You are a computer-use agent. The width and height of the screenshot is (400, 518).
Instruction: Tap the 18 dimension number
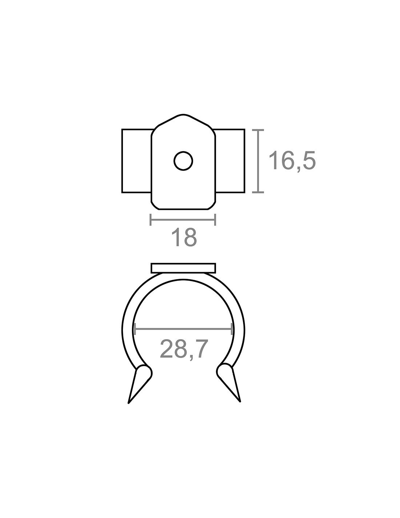point(184,238)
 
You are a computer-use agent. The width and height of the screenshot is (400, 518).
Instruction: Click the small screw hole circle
point(183,161)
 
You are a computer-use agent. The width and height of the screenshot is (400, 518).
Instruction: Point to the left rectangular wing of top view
point(137,161)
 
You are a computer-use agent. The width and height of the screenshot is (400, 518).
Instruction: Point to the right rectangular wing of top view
point(229,161)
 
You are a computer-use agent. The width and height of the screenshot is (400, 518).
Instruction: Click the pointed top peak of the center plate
point(183,115)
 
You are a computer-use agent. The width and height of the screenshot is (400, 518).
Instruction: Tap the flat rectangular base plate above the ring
point(183,268)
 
